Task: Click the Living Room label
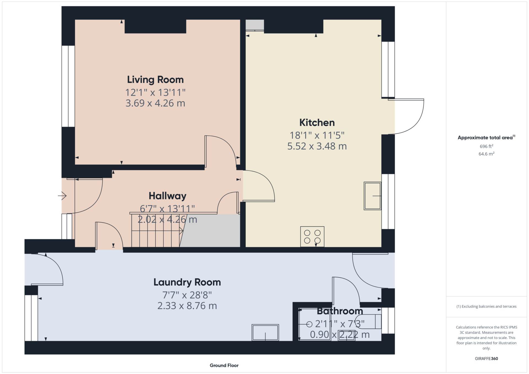click(x=155, y=80)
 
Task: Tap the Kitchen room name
click(x=317, y=123)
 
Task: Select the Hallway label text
click(x=168, y=196)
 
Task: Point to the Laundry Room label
click(x=187, y=282)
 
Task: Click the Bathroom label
click(x=340, y=311)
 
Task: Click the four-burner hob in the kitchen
click(x=312, y=237)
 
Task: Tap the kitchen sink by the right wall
click(x=373, y=196)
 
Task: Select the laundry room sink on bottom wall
click(x=265, y=332)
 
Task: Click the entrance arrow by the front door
click(x=62, y=196)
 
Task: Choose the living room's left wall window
click(x=68, y=86)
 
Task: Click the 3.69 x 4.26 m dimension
click(x=155, y=103)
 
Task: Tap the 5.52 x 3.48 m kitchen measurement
click(x=317, y=146)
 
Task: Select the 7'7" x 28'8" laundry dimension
click(x=187, y=295)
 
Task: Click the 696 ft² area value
click(x=486, y=146)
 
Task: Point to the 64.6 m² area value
click(x=486, y=154)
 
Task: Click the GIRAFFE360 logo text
click(x=486, y=359)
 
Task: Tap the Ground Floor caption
click(x=224, y=365)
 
